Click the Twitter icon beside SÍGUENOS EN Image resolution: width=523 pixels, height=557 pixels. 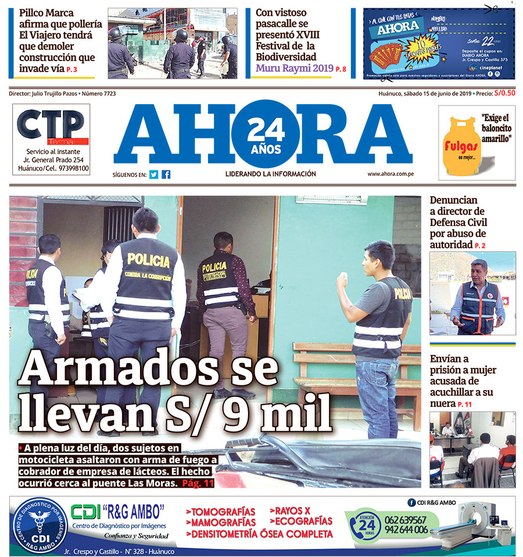(x=153, y=174)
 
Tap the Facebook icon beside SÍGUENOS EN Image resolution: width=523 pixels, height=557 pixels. (x=166, y=174)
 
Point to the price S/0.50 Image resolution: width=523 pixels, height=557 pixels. (x=504, y=93)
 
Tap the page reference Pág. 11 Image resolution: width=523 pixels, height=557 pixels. (x=199, y=484)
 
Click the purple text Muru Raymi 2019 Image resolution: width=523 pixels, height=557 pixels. (x=294, y=68)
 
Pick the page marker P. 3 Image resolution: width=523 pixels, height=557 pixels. (x=71, y=70)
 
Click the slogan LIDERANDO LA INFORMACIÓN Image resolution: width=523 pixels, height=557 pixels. (x=270, y=174)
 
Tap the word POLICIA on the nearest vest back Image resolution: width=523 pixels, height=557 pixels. (x=148, y=260)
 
